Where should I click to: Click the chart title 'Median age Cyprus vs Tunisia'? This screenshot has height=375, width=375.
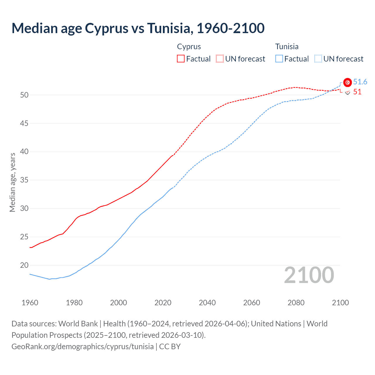[x=138, y=28]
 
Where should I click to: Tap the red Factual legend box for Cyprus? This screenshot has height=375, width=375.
[x=180, y=59]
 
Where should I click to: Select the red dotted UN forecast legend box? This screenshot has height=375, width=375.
[x=219, y=59]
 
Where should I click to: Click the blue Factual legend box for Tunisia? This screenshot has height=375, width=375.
[x=279, y=59]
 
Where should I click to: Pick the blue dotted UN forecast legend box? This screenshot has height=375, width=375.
[x=318, y=59]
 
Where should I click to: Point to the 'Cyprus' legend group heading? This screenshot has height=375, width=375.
[x=189, y=47]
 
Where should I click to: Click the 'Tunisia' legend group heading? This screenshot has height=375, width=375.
[x=287, y=47]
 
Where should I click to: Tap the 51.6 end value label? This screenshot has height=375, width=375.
[x=360, y=82]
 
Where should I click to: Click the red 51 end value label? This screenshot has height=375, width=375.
[x=357, y=92]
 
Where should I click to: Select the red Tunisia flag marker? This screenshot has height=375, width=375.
[x=347, y=83]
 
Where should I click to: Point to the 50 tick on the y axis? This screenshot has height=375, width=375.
[x=24, y=95]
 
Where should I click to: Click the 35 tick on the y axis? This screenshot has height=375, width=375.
[x=24, y=180]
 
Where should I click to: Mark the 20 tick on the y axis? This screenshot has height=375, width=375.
[x=24, y=265]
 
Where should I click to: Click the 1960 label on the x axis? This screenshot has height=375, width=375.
[x=30, y=303]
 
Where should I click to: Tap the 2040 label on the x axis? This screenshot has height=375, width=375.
[x=207, y=303]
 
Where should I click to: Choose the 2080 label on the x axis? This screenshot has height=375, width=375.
[x=296, y=303]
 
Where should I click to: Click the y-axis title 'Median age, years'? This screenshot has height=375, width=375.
[x=12, y=182]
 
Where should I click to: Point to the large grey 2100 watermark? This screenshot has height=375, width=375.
[x=309, y=275]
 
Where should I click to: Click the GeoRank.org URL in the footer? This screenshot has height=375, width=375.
[x=82, y=347]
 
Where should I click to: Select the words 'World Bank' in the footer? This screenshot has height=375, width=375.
[x=78, y=324]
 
